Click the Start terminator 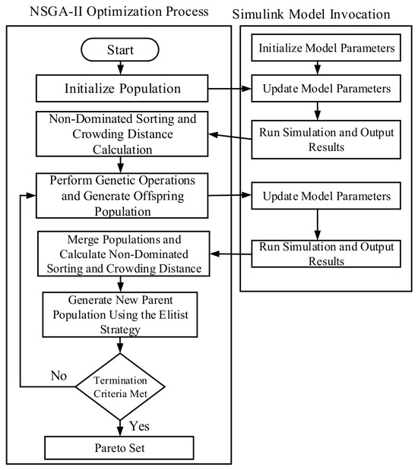[x=120, y=49]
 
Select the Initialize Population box [x=122, y=88]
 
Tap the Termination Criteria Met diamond [x=120, y=386]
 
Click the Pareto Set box [x=119, y=448]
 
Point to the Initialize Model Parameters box [x=326, y=48]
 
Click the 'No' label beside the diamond [x=59, y=376]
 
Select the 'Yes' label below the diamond [x=139, y=426]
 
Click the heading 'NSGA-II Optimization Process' [x=119, y=11]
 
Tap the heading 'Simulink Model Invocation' [x=311, y=14]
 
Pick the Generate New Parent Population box [x=120, y=315]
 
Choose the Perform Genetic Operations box [x=122, y=196]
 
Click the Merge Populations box [x=124, y=254]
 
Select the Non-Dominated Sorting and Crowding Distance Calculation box [x=122, y=134]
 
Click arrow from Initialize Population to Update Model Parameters [x=230, y=89]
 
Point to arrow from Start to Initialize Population [x=120, y=68]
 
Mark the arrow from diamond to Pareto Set [x=120, y=428]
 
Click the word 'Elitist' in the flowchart [x=173, y=315]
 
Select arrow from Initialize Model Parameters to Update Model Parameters [x=318, y=68]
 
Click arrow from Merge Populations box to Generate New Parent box [x=120, y=284]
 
